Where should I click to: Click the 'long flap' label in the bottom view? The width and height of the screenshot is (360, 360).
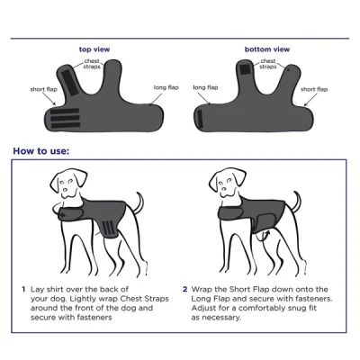tap(205, 87)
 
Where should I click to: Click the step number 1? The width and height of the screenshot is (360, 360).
tap(24, 290)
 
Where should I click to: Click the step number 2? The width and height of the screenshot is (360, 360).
tap(184, 290)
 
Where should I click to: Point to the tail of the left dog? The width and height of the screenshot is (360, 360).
tap(139, 200)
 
